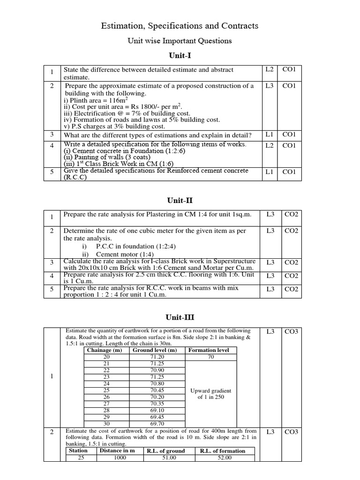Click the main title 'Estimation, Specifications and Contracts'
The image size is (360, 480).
pyautogui.click(x=180, y=26)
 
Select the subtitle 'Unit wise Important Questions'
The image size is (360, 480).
pyautogui.click(x=180, y=41)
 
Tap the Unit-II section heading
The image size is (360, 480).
pyautogui.click(x=180, y=201)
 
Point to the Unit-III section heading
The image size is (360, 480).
pyautogui.click(x=180, y=317)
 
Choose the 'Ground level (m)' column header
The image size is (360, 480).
pyautogui.click(x=155, y=350)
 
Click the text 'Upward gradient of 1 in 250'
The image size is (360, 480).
pyautogui.click(x=210, y=394)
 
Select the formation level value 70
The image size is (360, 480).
pyautogui.click(x=210, y=357)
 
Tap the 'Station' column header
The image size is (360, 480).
pyautogui.click(x=78, y=451)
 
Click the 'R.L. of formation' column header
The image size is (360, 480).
pyautogui.click(x=222, y=451)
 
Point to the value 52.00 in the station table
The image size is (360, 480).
pyautogui.click(x=222, y=458)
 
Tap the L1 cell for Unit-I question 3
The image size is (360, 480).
pyautogui.click(x=269, y=135)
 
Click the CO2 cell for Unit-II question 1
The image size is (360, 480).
pyautogui.click(x=291, y=214)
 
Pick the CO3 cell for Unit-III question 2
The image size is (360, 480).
pyautogui.click(x=291, y=432)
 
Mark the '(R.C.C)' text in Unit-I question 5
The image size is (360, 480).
pyautogui.click(x=75, y=177)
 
